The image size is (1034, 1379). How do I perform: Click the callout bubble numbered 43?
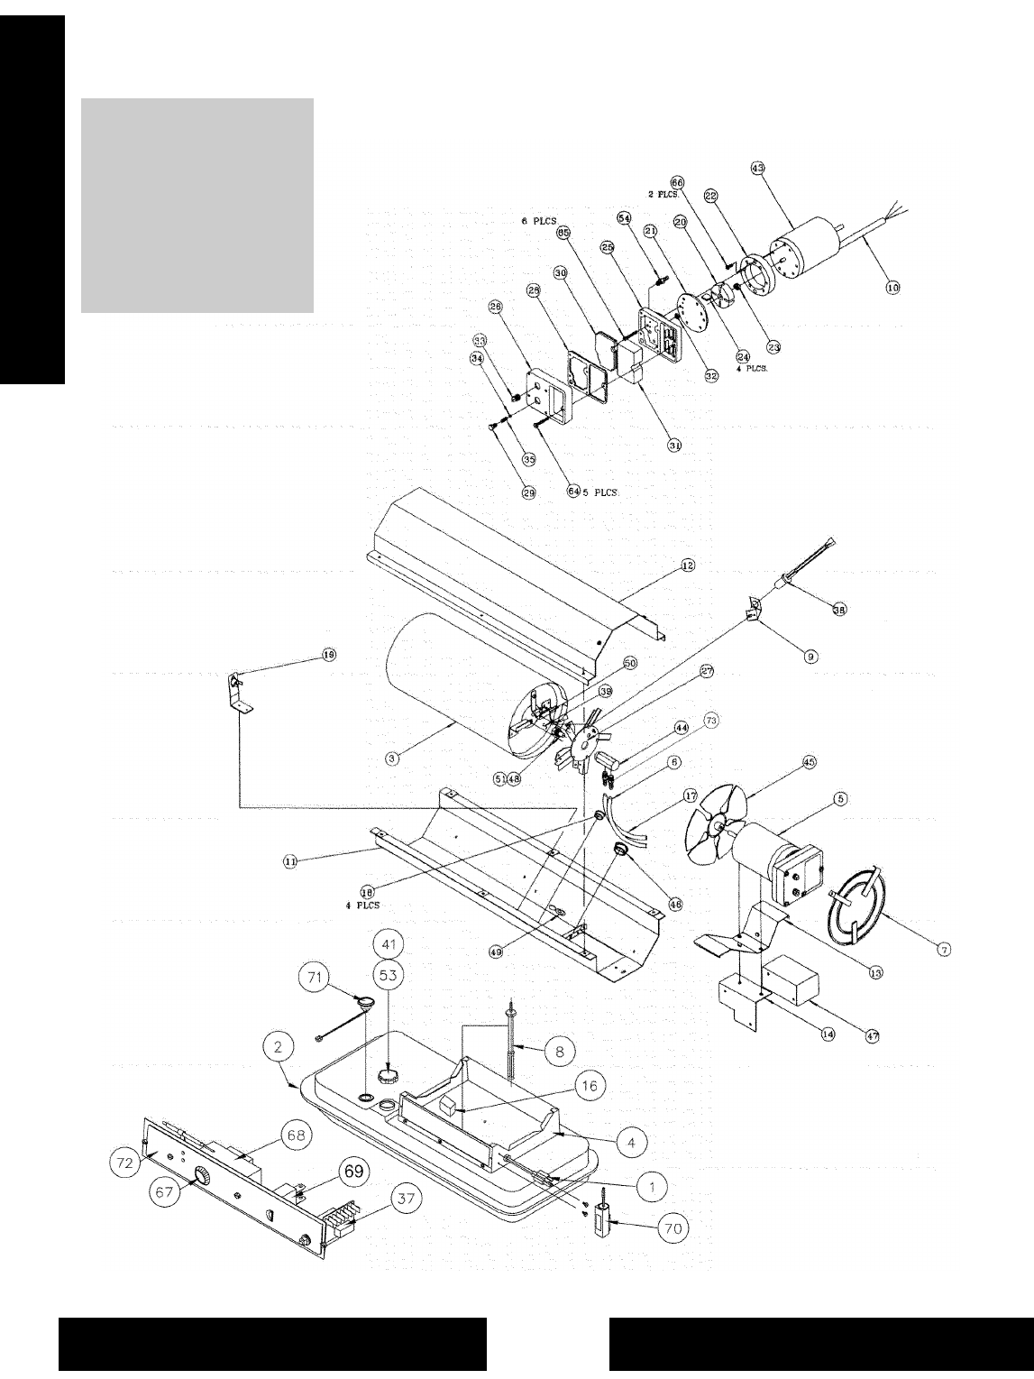[756, 168]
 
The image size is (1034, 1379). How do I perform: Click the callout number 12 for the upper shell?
[688, 565]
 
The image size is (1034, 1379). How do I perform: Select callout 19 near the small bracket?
[327, 656]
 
